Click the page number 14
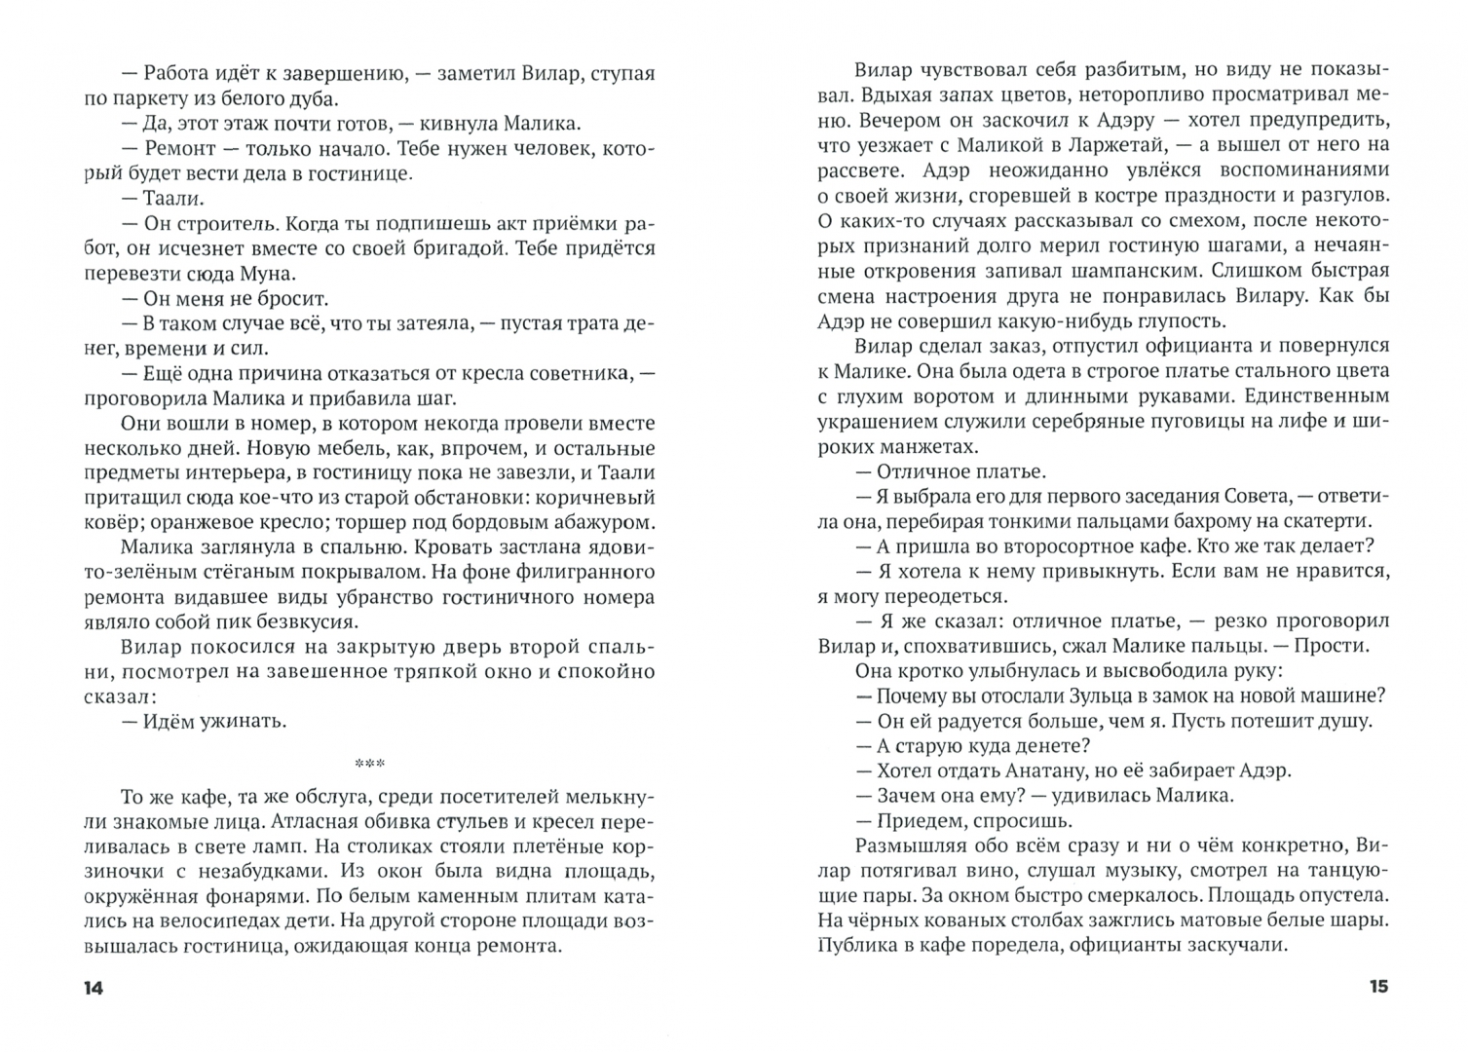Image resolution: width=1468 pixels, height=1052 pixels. (x=93, y=988)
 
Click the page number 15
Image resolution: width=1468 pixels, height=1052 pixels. (x=1377, y=987)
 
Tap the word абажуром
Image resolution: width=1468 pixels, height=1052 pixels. (x=605, y=522)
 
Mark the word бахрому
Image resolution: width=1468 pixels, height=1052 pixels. (x=1206, y=521)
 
